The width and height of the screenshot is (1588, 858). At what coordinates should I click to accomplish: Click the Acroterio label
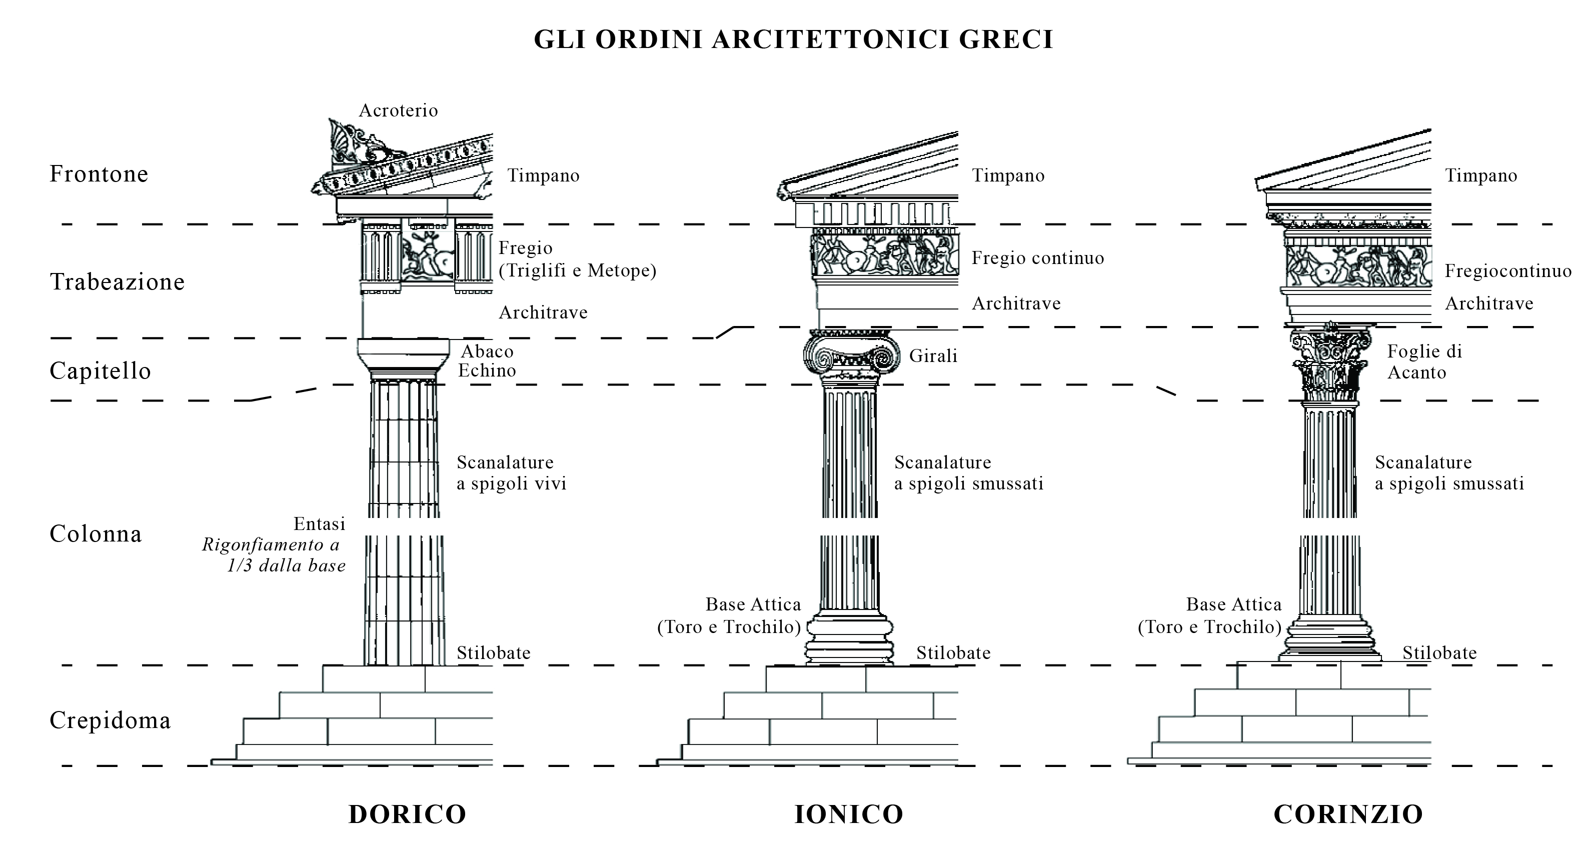[x=398, y=111]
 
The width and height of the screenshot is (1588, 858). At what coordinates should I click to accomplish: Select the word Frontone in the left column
[x=99, y=174]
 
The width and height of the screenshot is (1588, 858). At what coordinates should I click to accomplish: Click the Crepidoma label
[x=110, y=720]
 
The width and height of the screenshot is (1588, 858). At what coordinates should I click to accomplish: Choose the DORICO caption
[x=408, y=814]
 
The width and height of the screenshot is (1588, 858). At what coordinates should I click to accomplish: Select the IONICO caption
[x=849, y=814]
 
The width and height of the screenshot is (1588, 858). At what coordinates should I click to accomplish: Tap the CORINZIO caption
[x=1348, y=814]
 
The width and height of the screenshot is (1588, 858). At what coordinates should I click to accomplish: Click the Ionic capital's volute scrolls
[x=849, y=356]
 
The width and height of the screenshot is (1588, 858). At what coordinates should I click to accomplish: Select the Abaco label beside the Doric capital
[x=487, y=352]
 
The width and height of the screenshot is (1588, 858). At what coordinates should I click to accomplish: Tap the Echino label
[x=487, y=370]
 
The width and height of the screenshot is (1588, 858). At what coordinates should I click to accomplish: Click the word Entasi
[x=319, y=524]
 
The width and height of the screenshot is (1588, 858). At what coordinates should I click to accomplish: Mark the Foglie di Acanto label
[x=1424, y=362]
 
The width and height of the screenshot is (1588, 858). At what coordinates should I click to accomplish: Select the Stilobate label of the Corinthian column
[x=1439, y=652]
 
